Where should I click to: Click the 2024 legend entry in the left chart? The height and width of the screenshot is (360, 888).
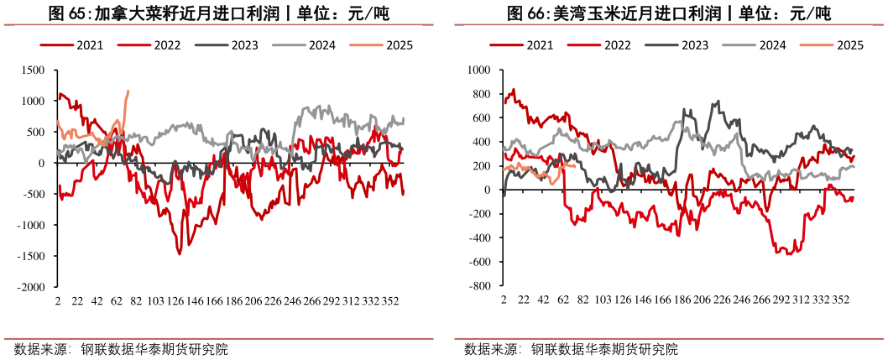tap(318, 45)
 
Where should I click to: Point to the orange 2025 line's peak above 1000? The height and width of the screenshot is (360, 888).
tap(128, 91)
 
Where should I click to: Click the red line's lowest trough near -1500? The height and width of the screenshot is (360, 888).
tap(180, 253)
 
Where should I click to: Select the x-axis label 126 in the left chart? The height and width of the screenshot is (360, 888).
tap(175, 301)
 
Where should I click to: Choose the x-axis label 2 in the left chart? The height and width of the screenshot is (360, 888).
tap(57, 301)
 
